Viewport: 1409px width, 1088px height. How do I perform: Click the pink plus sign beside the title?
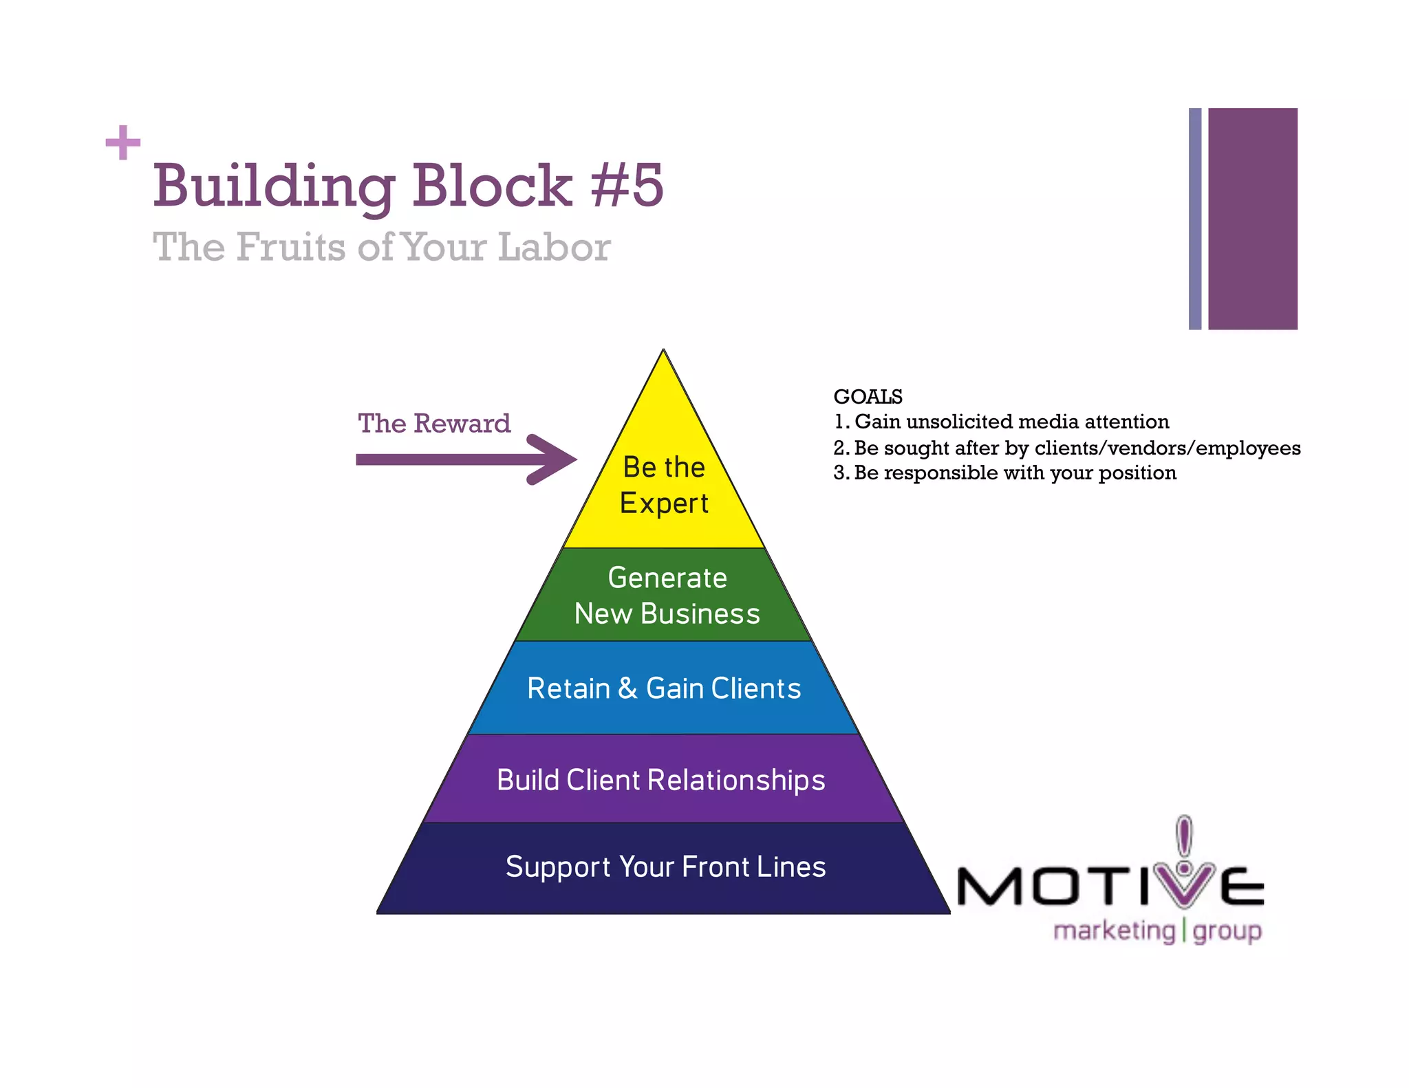pos(123,142)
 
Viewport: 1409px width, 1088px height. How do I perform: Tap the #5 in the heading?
pos(627,186)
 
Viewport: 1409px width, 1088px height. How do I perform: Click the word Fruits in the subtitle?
pos(291,247)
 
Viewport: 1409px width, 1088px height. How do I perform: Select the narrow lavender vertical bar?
pos(1195,219)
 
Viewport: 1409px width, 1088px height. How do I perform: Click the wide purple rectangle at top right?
pos(1252,219)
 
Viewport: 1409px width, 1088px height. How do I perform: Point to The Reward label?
pos(434,424)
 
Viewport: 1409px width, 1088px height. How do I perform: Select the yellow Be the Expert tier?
pos(664,485)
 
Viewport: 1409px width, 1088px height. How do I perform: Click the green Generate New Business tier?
pos(666,596)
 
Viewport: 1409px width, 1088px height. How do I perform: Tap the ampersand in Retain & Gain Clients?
pos(627,688)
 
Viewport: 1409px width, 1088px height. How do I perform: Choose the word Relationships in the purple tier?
pos(735,781)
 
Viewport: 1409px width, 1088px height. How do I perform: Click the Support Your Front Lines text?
pos(665,867)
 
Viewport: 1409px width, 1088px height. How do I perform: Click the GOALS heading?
pos(868,397)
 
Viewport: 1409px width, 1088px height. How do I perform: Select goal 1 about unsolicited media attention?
pos(1001,422)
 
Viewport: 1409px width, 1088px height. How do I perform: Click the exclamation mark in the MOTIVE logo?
pos(1183,838)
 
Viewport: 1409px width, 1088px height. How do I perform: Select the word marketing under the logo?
pos(1115,931)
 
